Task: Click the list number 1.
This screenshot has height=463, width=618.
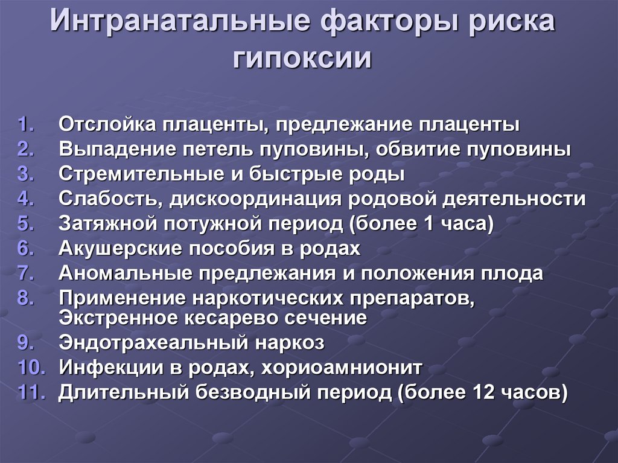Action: (x=26, y=125)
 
